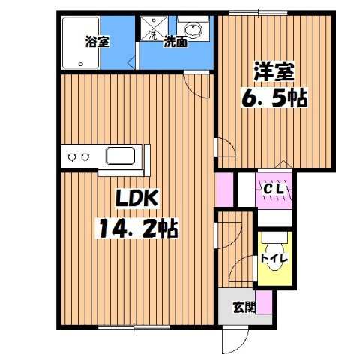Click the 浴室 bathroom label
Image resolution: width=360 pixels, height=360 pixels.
(97, 42)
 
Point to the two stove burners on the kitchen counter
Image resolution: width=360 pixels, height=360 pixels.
(79, 157)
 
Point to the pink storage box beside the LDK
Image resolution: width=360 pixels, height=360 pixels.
(223, 190)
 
